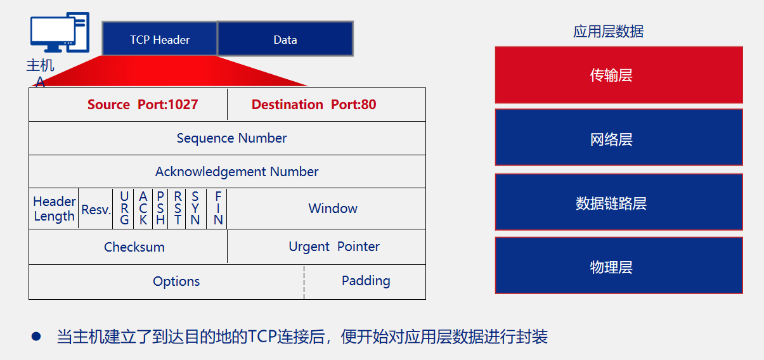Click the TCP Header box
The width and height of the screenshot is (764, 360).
click(x=160, y=39)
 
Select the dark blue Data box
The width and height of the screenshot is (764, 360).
click(x=285, y=39)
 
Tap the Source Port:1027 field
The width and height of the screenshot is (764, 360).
click(x=128, y=105)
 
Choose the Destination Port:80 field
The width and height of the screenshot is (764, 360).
click(x=327, y=105)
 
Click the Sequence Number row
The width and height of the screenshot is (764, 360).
click(x=227, y=138)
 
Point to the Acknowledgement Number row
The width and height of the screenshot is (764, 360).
click(x=227, y=172)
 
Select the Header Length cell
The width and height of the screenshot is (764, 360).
click(x=54, y=209)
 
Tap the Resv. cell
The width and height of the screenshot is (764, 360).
click(x=96, y=209)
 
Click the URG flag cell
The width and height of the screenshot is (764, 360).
click(x=124, y=209)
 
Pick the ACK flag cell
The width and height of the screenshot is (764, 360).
click(x=143, y=209)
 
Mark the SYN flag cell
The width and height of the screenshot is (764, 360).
click(x=196, y=209)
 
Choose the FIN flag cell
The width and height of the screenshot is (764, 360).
click(x=217, y=209)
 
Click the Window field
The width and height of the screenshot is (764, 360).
click(x=327, y=209)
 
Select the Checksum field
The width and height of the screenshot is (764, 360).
click(x=128, y=247)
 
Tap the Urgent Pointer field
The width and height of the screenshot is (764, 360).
click(x=327, y=247)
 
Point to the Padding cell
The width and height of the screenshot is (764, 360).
click(x=365, y=282)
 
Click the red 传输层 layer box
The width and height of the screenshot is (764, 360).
click(x=619, y=75)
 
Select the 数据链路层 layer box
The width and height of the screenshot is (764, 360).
click(x=619, y=202)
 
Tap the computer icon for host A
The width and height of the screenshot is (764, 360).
click(x=60, y=32)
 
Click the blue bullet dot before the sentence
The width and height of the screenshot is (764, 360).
click(x=36, y=337)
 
